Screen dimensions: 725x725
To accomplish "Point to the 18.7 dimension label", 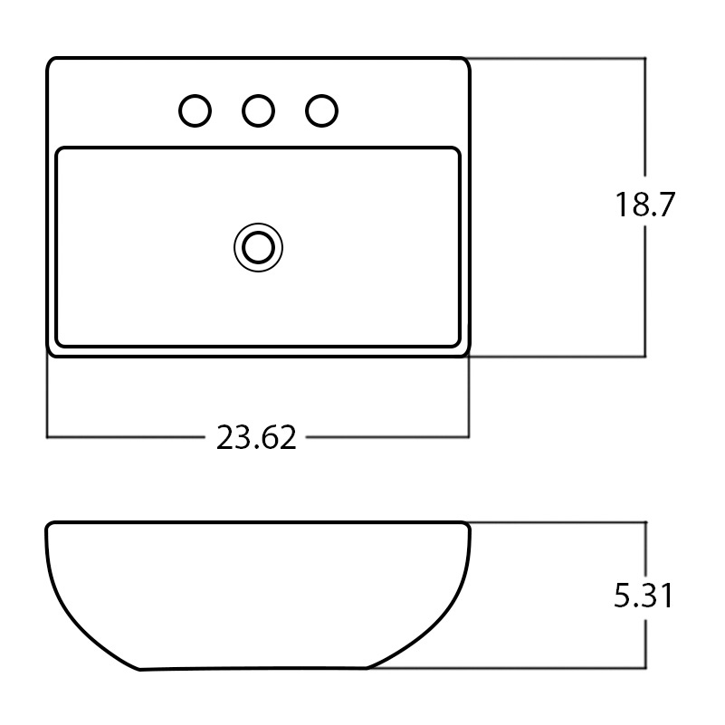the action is pyautogui.click(x=645, y=204).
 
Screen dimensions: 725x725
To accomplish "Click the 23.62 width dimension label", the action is pyautogui.click(x=256, y=437).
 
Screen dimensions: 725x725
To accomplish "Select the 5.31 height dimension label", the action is pyautogui.click(x=644, y=596).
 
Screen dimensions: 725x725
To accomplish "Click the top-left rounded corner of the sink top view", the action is pyautogui.click(x=50, y=61).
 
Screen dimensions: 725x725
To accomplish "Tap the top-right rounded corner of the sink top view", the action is pyautogui.click(x=466, y=61).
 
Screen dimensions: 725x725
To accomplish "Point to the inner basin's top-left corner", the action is pyautogui.click(x=58, y=150).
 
